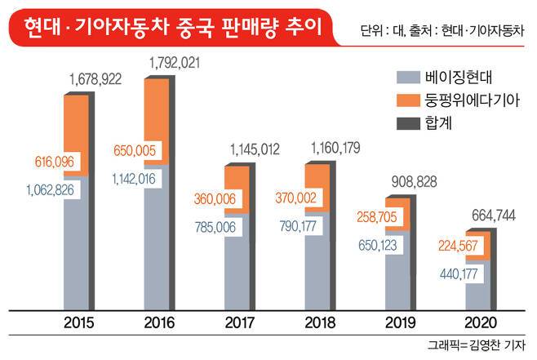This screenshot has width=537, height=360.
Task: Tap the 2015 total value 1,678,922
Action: (97, 79)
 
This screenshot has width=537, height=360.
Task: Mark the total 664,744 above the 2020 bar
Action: (496, 215)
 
